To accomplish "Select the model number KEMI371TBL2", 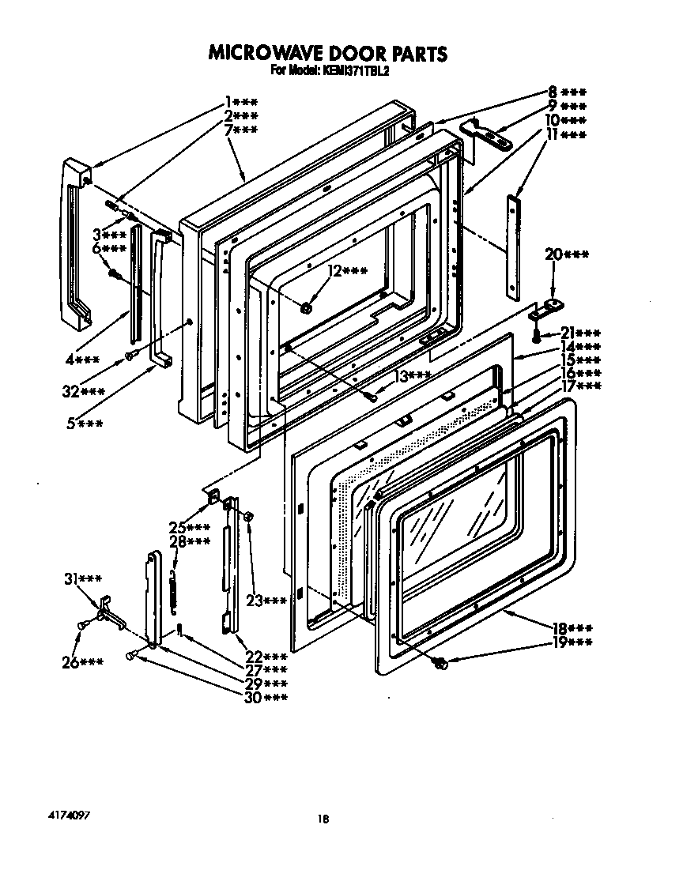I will point(353,70).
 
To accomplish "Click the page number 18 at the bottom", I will point(323,819).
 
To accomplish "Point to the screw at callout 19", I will point(442,665).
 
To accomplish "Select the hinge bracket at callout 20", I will point(546,308).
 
